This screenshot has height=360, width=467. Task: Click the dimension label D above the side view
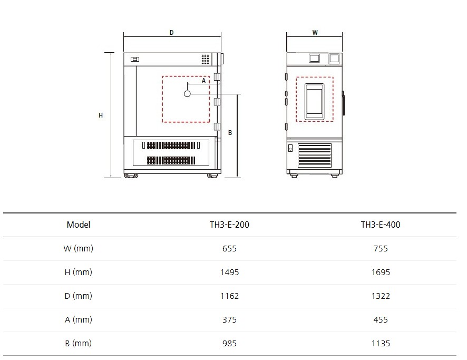click(171, 33)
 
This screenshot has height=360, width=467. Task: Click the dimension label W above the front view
click(315, 33)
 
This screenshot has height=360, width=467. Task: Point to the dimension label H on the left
click(101, 115)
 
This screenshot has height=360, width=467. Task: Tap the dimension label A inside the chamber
click(203, 81)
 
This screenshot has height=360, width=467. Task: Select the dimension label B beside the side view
click(230, 133)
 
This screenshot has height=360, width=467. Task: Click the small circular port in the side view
click(187, 94)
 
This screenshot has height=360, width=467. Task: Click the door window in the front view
click(314, 102)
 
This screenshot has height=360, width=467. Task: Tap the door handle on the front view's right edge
click(344, 103)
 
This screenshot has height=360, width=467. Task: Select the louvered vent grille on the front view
click(315, 155)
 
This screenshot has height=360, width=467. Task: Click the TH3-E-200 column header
click(229, 225)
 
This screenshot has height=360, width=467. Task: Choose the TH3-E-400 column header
click(381, 225)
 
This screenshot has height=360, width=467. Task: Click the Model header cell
click(79, 225)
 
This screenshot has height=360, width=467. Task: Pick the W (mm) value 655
click(229, 248)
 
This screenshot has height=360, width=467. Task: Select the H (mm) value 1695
click(381, 272)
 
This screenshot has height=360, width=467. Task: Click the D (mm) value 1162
click(229, 296)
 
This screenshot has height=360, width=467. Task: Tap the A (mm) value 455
click(381, 320)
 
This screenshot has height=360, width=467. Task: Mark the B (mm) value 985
click(229, 343)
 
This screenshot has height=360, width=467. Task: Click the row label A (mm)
click(79, 320)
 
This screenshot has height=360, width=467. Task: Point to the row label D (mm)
click(79, 296)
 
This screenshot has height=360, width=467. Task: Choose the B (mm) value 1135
click(381, 343)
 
